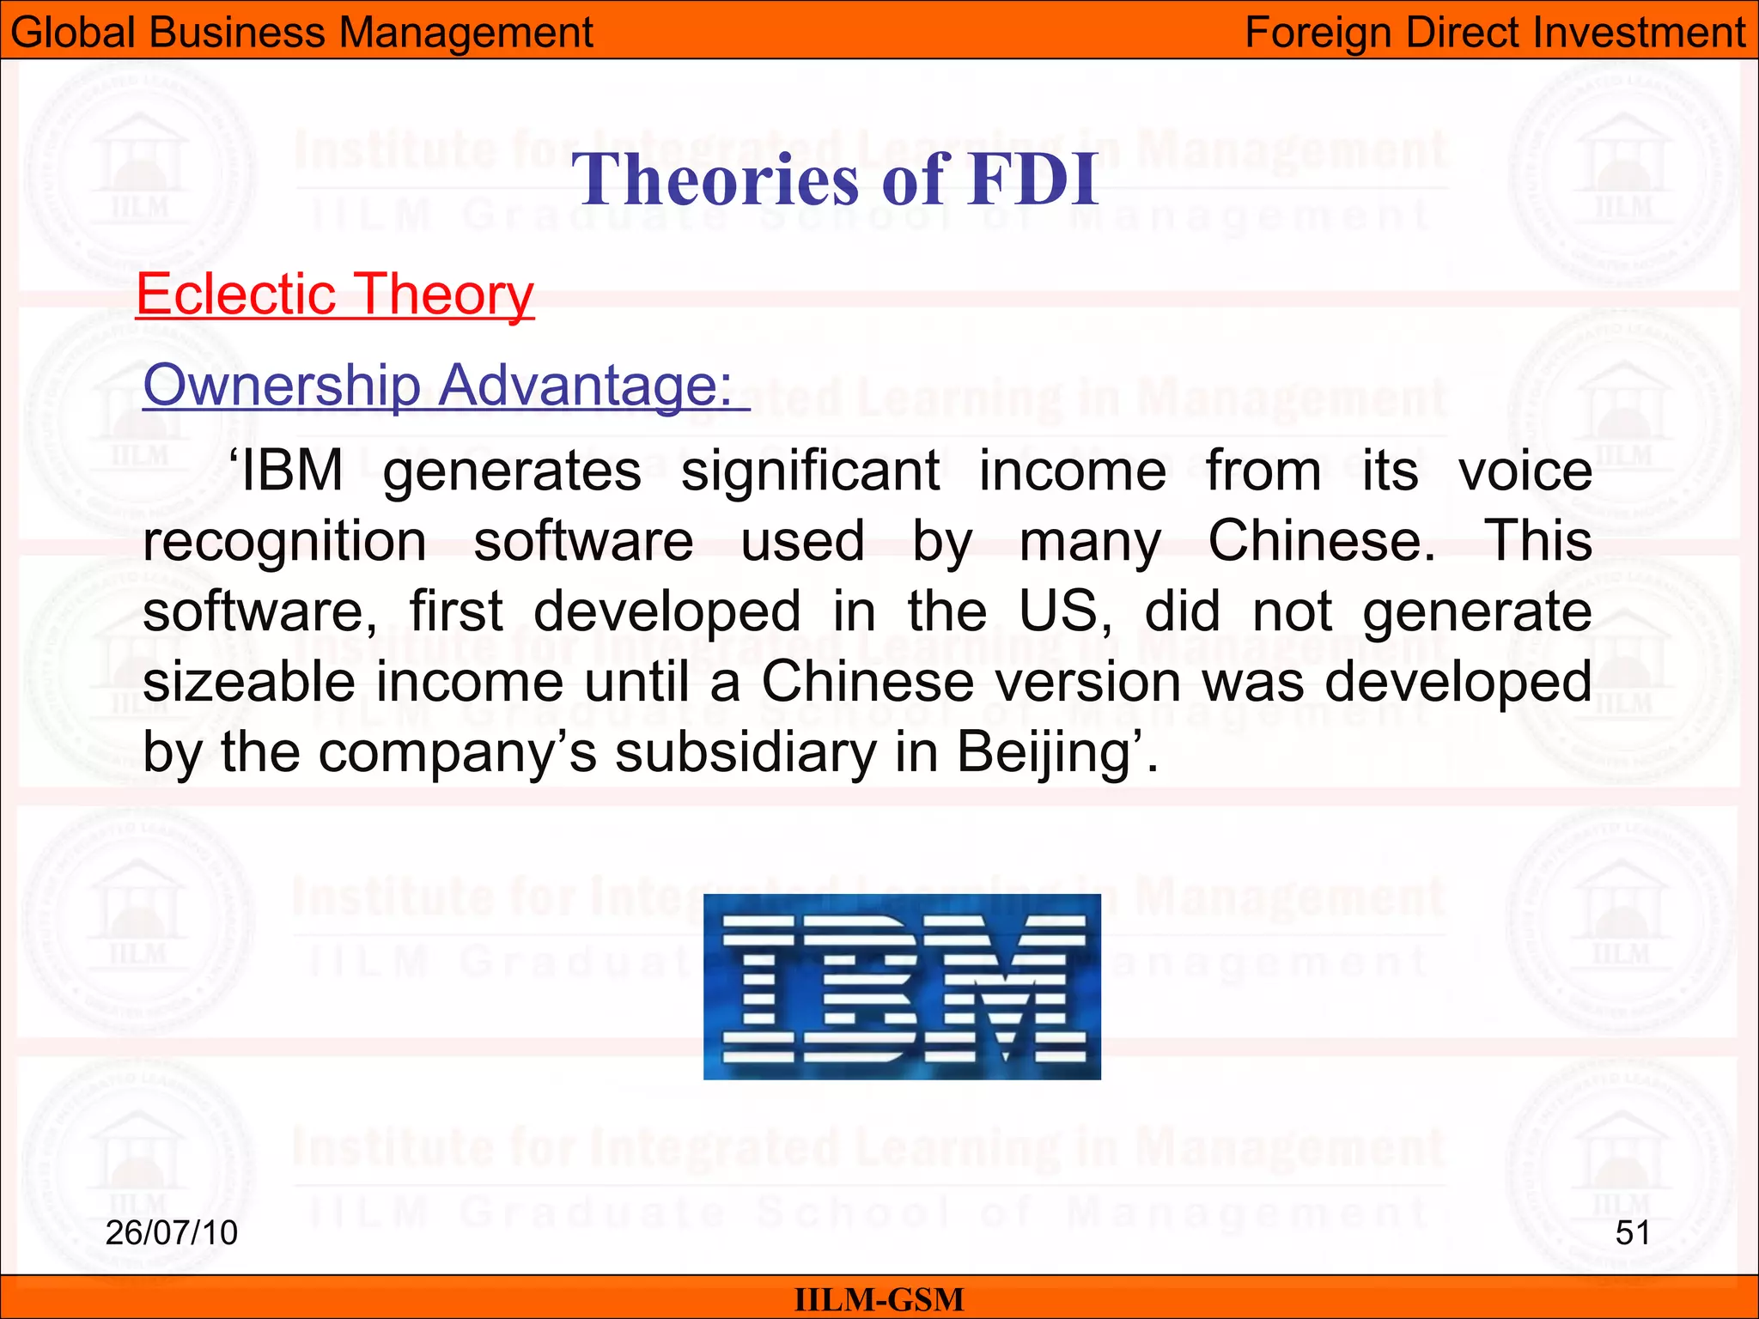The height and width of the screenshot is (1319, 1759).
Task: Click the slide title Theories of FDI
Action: pyautogui.click(x=835, y=179)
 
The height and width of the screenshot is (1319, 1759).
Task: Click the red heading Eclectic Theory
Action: pyautogui.click(x=335, y=295)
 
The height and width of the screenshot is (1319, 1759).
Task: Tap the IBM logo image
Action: pyautogui.click(x=902, y=987)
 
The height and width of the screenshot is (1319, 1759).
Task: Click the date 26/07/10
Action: pyautogui.click(x=171, y=1232)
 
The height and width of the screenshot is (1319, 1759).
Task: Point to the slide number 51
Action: pyautogui.click(x=1632, y=1232)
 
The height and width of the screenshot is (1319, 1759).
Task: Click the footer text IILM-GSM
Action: pyautogui.click(x=879, y=1299)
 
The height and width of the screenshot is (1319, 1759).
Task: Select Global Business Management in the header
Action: pyautogui.click(x=301, y=33)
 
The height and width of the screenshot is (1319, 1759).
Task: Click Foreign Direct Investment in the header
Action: pyautogui.click(x=1494, y=33)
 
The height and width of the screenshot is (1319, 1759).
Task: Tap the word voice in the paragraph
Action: pyautogui.click(x=1525, y=471)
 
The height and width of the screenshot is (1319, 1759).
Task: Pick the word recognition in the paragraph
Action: pyautogui.click(x=284, y=542)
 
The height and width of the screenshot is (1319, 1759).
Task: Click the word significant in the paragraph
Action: pyautogui.click(x=810, y=471)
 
